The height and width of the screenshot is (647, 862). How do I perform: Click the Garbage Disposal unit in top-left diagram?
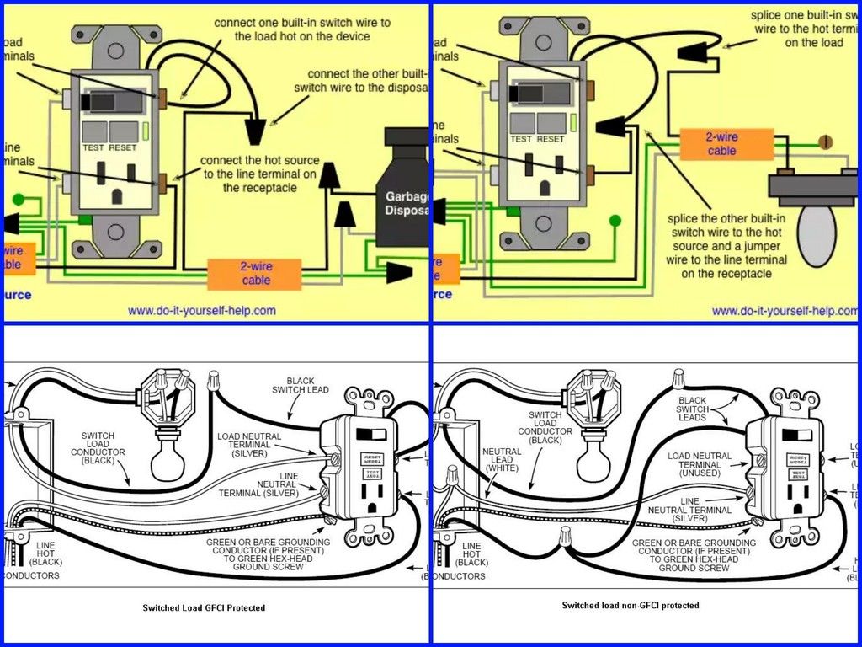point(403,190)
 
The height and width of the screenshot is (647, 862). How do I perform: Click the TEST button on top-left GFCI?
point(93,132)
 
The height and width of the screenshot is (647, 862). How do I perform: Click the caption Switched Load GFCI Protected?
point(204,607)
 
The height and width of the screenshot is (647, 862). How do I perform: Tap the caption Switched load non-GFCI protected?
point(630,606)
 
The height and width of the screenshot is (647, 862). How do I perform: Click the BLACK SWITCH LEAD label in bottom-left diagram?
point(301,386)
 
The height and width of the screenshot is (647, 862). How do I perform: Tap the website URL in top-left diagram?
point(201,311)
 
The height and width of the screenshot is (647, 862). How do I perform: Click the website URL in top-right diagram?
point(785,311)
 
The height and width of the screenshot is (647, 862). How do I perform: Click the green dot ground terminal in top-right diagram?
point(615,221)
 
